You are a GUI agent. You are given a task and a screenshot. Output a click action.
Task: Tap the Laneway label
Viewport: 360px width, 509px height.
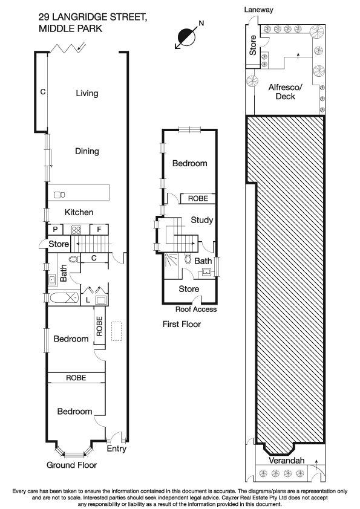[258, 10]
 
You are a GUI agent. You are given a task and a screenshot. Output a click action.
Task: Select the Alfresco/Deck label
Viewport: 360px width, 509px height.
[284, 91]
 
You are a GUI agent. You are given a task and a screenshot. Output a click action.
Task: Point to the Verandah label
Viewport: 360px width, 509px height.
[287, 461]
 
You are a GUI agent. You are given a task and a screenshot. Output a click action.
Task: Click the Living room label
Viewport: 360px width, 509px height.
[87, 93]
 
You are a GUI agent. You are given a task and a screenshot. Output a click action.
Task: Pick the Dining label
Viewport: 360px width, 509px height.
[87, 151]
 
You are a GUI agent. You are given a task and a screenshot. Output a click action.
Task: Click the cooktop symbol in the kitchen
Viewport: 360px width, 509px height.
[77, 230]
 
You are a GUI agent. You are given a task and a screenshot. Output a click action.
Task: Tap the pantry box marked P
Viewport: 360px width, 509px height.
[55, 230]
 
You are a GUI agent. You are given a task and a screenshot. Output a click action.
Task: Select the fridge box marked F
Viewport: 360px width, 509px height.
[99, 230]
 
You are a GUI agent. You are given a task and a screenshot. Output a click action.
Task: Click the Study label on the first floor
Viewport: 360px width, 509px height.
[201, 220]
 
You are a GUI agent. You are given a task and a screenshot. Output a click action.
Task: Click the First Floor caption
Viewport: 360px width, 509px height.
[182, 325]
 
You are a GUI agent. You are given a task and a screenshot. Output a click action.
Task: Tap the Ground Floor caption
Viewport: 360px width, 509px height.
[71, 465]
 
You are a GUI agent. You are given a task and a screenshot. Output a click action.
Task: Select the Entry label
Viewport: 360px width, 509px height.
[116, 449]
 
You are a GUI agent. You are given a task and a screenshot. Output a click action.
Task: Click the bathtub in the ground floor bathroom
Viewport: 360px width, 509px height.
[64, 297]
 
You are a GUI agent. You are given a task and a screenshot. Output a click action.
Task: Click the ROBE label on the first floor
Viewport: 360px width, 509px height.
[197, 198]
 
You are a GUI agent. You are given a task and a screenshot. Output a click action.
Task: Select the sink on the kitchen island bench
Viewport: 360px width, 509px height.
[59, 195]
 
